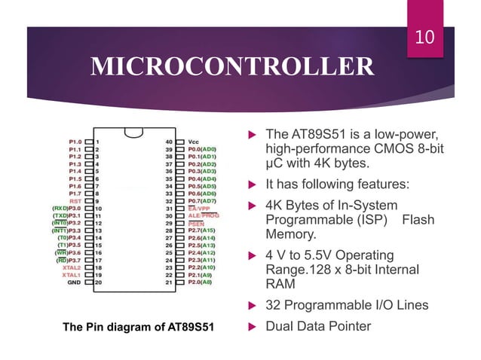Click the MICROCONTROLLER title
[x=231, y=67]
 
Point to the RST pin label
[x=75, y=202]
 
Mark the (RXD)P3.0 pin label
[x=67, y=209]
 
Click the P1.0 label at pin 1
[x=75, y=141]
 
